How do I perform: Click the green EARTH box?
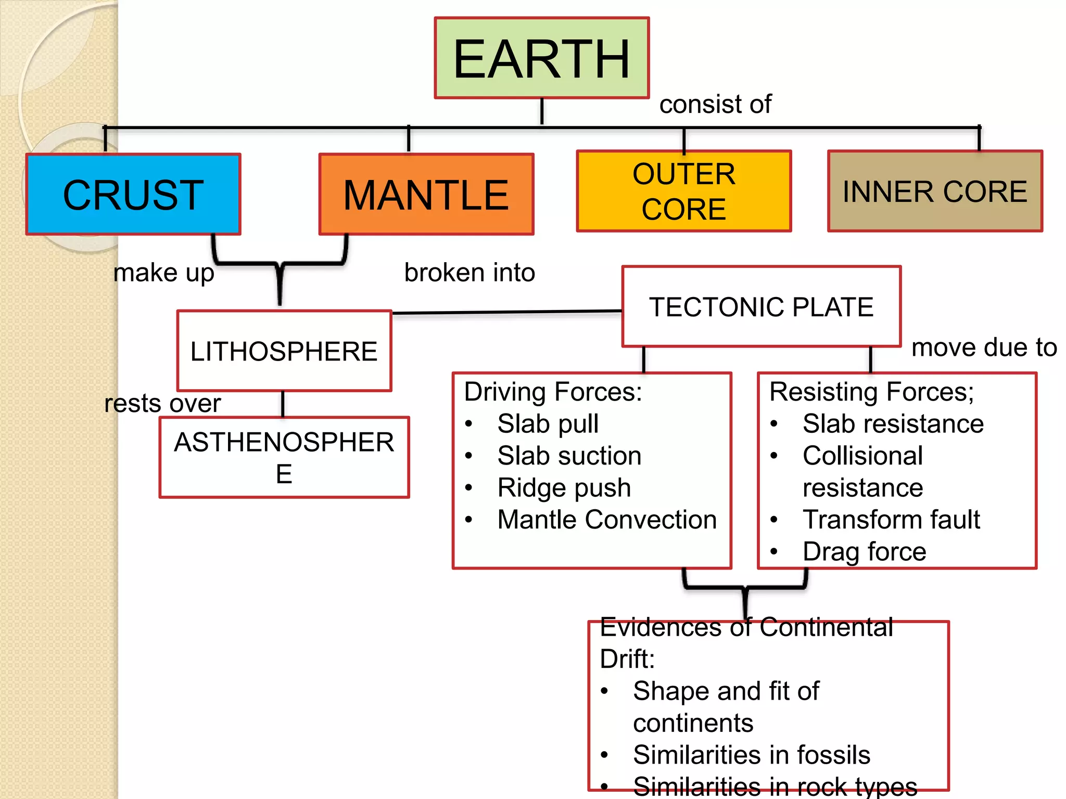coord(541,58)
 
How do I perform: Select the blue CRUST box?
coord(133,195)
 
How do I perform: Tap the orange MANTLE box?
coord(426,195)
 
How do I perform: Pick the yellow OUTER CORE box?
coord(683,191)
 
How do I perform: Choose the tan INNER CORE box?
coord(934,191)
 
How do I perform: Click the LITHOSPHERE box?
coord(284,351)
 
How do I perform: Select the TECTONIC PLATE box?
coord(761,307)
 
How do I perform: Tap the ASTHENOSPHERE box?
coord(284,457)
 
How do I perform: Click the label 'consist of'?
coord(715,104)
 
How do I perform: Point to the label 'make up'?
coord(163,273)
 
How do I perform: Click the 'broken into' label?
coord(469,273)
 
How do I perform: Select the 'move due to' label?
coord(984,347)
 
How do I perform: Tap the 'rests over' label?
coord(162,403)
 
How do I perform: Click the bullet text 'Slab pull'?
coord(548,423)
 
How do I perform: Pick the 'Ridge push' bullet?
coord(564,487)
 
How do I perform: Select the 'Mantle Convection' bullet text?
coord(606,520)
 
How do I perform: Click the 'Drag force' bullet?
coord(864,551)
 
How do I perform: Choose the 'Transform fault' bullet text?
coord(891,520)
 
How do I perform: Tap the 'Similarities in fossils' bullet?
coord(751,755)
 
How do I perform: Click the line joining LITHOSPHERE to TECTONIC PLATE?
coord(506,312)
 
